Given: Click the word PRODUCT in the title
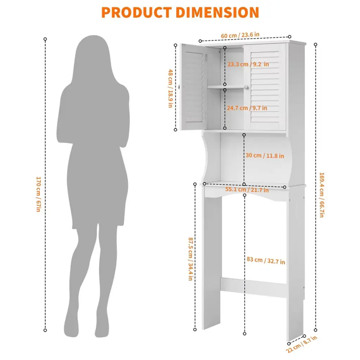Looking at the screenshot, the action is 136,12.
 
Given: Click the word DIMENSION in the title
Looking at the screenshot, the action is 218,12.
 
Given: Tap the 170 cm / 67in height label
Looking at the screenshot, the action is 38,194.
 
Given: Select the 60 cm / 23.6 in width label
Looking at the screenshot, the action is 240,36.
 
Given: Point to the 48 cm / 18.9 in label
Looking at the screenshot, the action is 171,88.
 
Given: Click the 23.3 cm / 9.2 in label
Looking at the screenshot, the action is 248,64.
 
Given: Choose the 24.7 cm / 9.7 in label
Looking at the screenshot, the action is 247,108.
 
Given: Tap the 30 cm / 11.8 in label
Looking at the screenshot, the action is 265,155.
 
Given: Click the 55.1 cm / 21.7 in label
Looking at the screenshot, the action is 247,189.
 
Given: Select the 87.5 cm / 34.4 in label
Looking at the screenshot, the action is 191,259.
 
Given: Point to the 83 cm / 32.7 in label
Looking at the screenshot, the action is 266,261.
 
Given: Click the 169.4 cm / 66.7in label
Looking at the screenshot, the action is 322,195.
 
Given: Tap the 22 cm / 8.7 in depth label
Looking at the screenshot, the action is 301,344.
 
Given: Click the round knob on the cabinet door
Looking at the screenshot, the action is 246,88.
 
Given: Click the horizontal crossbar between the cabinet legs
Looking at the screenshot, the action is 253,287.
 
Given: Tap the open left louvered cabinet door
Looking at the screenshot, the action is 193,87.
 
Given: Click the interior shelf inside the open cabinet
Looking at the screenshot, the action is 226,87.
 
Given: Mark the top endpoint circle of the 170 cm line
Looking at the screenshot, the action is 45,39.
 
